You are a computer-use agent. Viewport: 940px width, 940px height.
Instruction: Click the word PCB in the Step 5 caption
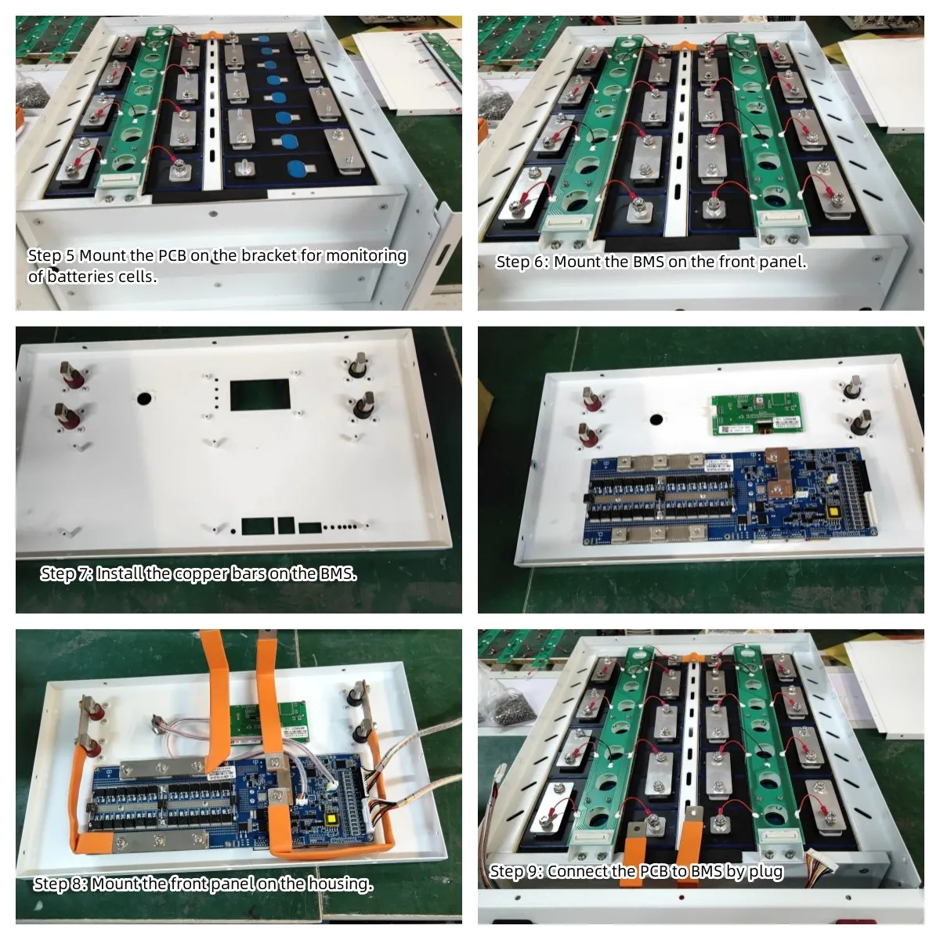tap(172, 255)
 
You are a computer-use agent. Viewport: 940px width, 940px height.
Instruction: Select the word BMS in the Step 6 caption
tap(649, 262)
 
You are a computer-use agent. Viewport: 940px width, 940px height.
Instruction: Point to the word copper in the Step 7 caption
tap(201, 575)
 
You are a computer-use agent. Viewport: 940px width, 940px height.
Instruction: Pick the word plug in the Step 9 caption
tap(766, 872)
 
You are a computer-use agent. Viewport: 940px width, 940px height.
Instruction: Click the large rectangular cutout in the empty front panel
tap(259, 395)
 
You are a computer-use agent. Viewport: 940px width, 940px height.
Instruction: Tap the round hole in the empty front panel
tap(144, 399)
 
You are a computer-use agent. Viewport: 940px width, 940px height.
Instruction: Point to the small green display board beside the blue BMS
tap(757, 414)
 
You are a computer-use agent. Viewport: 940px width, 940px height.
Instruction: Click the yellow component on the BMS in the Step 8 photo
tap(332, 818)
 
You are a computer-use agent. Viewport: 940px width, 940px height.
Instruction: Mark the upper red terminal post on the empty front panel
tap(71, 376)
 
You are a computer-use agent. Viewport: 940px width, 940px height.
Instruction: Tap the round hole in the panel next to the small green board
tap(656, 419)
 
